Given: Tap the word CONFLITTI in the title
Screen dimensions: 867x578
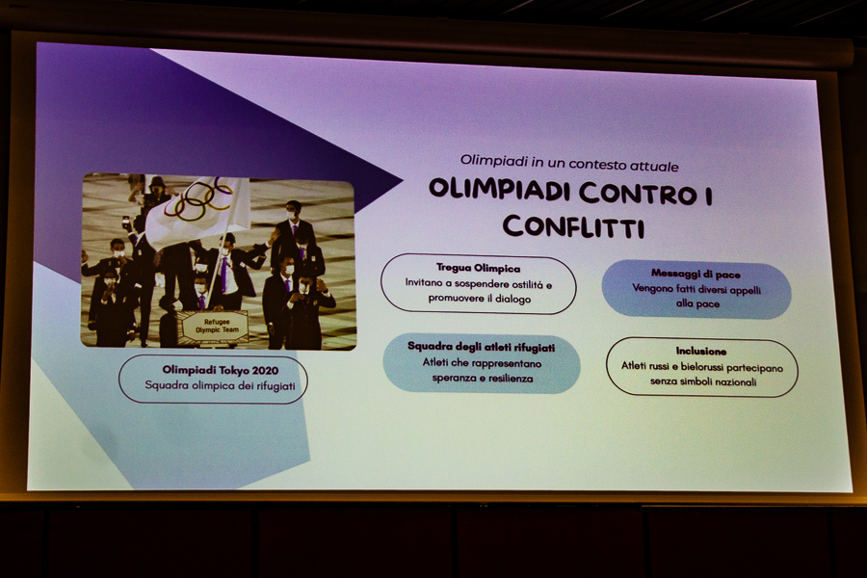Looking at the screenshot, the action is pos(573,226).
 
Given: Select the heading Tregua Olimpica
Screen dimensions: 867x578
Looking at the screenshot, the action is pos(478,268).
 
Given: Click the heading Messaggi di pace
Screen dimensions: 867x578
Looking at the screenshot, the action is pos(696,274).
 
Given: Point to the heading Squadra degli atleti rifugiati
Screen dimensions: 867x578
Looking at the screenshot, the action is pos(481,347).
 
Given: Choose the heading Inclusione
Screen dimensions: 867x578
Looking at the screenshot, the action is pos(700,351).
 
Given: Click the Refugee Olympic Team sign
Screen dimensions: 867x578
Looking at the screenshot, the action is pos(216,327).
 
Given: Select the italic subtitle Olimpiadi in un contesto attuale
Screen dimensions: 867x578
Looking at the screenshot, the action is pos(569,164).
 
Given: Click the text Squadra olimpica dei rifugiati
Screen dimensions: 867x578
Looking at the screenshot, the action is pos(220,385).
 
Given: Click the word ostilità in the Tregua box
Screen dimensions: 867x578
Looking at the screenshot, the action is pos(525,284).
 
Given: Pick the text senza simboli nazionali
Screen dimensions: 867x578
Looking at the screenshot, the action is pos(703,381).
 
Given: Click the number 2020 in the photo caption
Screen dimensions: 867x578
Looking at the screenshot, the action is pos(265,370).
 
